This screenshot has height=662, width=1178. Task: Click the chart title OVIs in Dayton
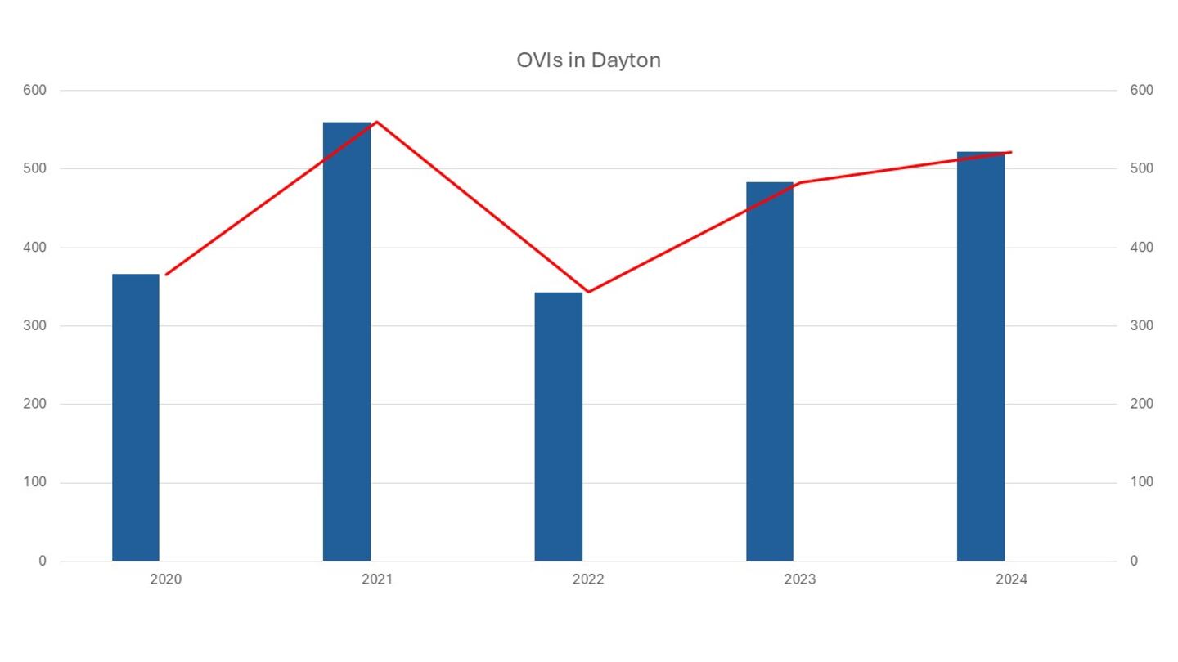coord(588,60)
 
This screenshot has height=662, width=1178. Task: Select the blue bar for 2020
coord(136,417)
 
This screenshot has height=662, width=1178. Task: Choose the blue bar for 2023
coord(770,372)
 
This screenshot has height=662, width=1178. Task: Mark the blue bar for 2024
coord(981,356)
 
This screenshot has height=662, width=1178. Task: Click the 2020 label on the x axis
coord(165,579)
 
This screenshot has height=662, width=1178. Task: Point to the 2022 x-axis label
coord(588,579)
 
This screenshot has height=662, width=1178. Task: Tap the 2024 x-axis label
coord(1011,579)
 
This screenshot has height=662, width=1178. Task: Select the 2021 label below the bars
coord(377,579)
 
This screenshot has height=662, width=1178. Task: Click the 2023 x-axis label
coord(799,579)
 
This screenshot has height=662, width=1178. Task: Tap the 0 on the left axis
coord(43,561)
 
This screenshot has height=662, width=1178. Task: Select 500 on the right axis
coord(1141,168)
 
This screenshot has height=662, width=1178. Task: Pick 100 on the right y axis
coord(1141,482)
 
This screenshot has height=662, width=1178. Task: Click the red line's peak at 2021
coord(376,122)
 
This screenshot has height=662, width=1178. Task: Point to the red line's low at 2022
coord(588,292)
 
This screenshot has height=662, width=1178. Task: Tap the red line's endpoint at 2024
coord(1011,152)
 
